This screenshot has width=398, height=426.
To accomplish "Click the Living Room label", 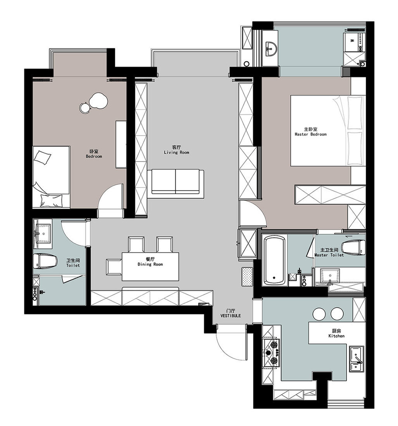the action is point(176,153).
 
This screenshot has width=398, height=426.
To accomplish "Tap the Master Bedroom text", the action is point(310,134).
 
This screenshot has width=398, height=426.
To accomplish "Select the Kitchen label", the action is point(336,336).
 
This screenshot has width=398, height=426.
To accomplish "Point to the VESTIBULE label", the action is point(231,316).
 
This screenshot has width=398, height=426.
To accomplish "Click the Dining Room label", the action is point(150,264).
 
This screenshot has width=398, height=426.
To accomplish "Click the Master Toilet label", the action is point(329,255).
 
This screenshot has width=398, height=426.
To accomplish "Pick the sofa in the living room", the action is point(176,182).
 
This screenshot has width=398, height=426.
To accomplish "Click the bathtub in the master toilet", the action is point(274,260).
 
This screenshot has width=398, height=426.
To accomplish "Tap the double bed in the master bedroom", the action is point(328,131).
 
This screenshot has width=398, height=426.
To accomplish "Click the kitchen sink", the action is point(357,359).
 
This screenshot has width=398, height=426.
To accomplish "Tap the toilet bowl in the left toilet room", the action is point(45,261).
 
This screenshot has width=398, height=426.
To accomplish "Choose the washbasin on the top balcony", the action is point(271,49).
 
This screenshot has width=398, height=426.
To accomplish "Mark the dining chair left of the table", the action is point(114,267).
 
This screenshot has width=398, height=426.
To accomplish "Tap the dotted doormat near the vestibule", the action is point(247,276).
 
